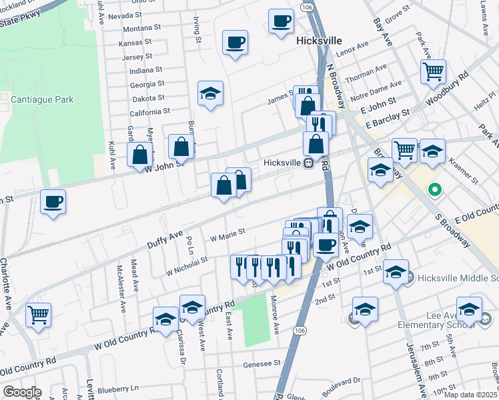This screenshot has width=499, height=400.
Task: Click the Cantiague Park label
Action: coord(41,99)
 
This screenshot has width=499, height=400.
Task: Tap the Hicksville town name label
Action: coord(318,41)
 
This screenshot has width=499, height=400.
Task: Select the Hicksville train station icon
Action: coord(308,163)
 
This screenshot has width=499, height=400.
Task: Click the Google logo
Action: coord(22,392)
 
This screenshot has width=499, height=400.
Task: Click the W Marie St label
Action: coord(227,234)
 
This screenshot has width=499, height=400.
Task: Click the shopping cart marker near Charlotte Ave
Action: coord(38,314)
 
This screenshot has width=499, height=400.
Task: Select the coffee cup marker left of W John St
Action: coord(53,201)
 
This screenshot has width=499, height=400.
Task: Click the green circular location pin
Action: coord(435,190)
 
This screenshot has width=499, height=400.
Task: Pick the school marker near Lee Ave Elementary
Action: coord(469,310)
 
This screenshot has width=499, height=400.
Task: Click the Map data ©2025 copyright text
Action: coord(470,395)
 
